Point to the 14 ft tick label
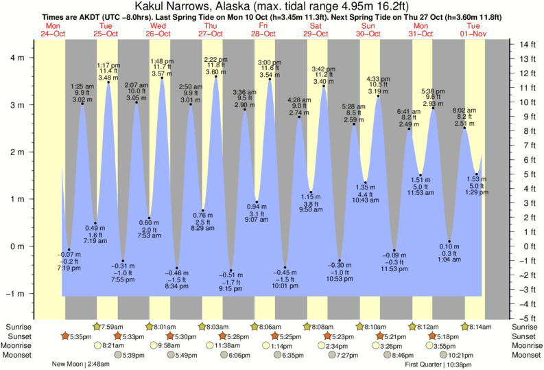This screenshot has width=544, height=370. coord(528,45)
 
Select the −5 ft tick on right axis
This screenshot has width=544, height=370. coord(529,318)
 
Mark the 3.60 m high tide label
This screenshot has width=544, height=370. coord(215,71)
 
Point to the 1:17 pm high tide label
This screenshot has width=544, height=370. coord(108,65)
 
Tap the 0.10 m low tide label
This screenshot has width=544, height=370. coord(449,246)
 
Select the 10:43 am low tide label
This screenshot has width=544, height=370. coord(365,200)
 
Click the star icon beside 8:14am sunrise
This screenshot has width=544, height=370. coord(465,327)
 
